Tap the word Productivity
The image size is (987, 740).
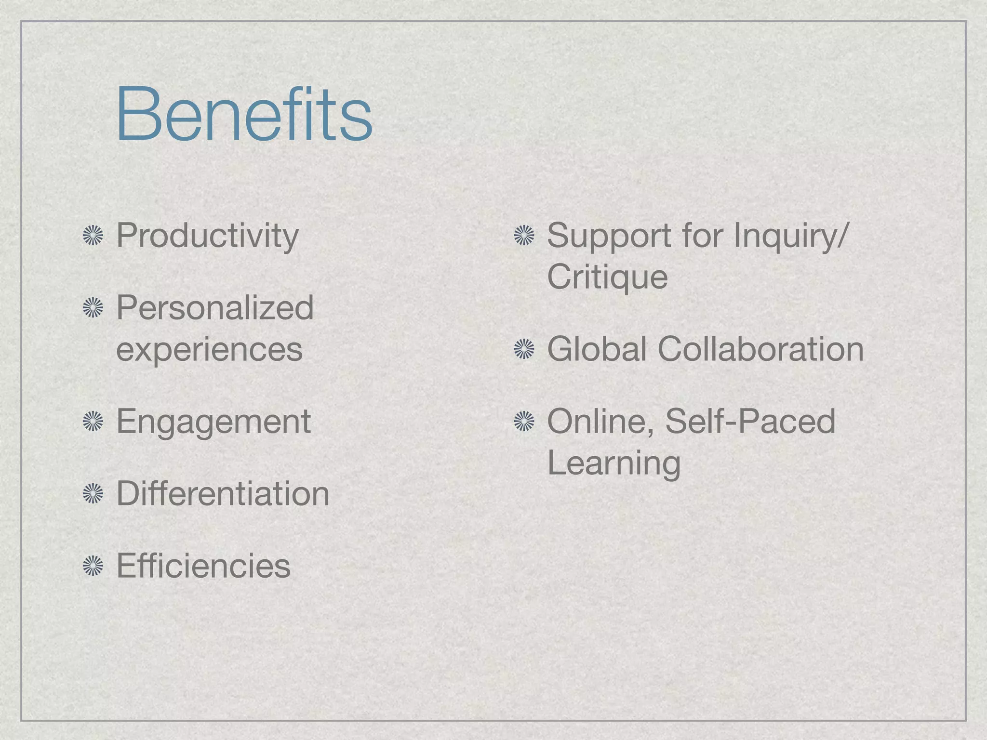point(207,236)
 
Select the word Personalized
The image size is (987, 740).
point(215,308)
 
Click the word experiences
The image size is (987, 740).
point(209,349)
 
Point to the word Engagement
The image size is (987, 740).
point(213,422)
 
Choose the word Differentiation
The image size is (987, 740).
point(223,494)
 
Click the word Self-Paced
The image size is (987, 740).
point(750,422)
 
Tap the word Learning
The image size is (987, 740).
point(614,463)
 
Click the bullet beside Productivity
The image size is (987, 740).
point(93,236)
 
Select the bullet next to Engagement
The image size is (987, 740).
point(93,422)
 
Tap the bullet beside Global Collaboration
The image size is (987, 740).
point(524,349)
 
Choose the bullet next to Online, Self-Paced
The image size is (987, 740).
point(524,422)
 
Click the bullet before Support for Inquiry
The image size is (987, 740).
point(524,236)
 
